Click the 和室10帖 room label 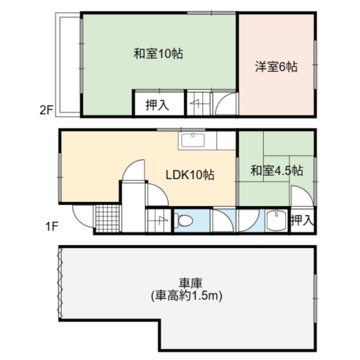pyautogui.click(x=158, y=53)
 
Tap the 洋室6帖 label pyautogui.click(x=276, y=67)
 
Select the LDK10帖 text pyautogui.click(x=190, y=175)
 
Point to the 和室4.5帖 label pyautogui.click(x=277, y=170)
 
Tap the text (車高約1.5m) pyautogui.click(x=187, y=296)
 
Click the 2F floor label pyautogui.click(x=46, y=110)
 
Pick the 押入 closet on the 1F pyautogui.click(x=302, y=220)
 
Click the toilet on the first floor pyautogui.click(x=183, y=221)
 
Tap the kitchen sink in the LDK pyautogui.click(x=193, y=140)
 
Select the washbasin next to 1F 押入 pyautogui.click(x=276, y=220)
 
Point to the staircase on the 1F pyautogui.click(x=158, y=220)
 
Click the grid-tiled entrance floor pyautogui.click(x=107, y=218)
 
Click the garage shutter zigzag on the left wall pyautogui.click(x=61, y=282)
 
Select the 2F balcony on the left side pyautogui.click(x=68, y=65)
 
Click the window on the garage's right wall pyautogui.click(x=316, y=298)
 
